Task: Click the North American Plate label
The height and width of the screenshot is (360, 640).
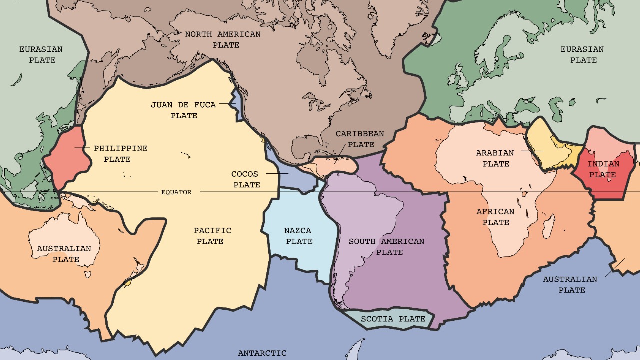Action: coord(223,40)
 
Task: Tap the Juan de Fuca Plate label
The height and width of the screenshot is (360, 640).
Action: coord(183,110)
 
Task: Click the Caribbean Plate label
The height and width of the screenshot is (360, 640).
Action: coord(360,139)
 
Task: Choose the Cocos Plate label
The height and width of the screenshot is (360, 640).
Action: coord(245,179)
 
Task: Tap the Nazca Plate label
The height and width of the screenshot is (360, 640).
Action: coord(298,236)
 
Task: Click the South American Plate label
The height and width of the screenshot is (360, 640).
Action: coord(386,247)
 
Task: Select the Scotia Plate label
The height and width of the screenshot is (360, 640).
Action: coord(393,319)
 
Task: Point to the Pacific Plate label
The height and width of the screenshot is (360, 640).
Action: coord(213,236)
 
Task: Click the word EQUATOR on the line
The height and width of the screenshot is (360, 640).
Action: coord(176,192)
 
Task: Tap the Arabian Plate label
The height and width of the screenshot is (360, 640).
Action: coord(495,158)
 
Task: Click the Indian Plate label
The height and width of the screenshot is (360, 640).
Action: coord(603,169)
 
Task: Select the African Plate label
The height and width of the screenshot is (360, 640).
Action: coord(495,217)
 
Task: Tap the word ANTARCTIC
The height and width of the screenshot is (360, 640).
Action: coord(262,353)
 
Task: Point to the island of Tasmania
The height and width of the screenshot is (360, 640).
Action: coord(88,274)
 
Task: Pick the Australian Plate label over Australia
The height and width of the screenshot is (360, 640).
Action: coord(64,254)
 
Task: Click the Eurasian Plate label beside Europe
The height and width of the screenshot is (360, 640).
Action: coord(582,55)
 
